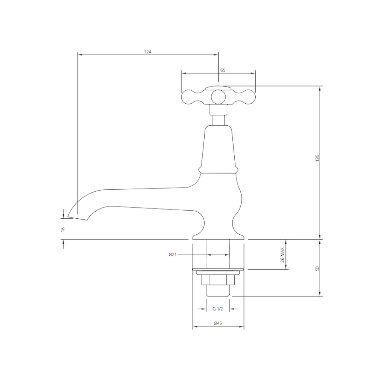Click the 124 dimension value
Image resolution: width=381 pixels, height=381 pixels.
coord(147,52)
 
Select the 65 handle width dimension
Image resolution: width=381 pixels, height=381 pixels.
coord(223,70)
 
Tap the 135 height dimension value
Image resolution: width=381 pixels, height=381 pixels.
coord(317,158)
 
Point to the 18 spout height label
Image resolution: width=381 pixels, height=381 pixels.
coord(63,229)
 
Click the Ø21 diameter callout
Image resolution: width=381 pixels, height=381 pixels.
coord(173,255)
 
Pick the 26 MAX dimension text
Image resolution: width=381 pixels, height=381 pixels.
coord(282,255)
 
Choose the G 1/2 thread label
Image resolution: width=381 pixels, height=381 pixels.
coord(218,309)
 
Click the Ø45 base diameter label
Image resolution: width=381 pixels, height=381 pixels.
coord(218,323)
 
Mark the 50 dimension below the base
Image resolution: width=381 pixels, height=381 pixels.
coord(317,268)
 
